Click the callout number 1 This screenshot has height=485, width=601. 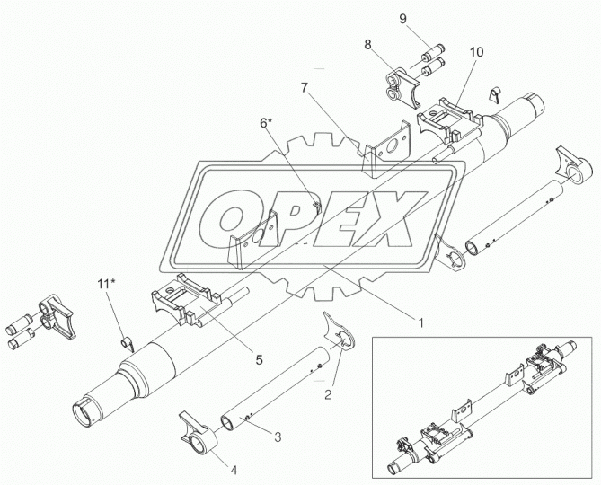420,323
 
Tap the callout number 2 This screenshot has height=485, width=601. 328,394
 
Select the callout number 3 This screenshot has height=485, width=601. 278,436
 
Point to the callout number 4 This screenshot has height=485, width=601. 234,470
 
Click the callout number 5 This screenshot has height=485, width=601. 260,360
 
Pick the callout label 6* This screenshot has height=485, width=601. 266,122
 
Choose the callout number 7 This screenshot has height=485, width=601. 305,88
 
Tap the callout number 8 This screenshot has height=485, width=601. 367,45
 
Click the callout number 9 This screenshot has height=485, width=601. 402,19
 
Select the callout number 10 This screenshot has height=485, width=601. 476,52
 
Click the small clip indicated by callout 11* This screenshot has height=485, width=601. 128,344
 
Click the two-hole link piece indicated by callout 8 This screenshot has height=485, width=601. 402,87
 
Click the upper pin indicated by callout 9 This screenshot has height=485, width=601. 433,52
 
